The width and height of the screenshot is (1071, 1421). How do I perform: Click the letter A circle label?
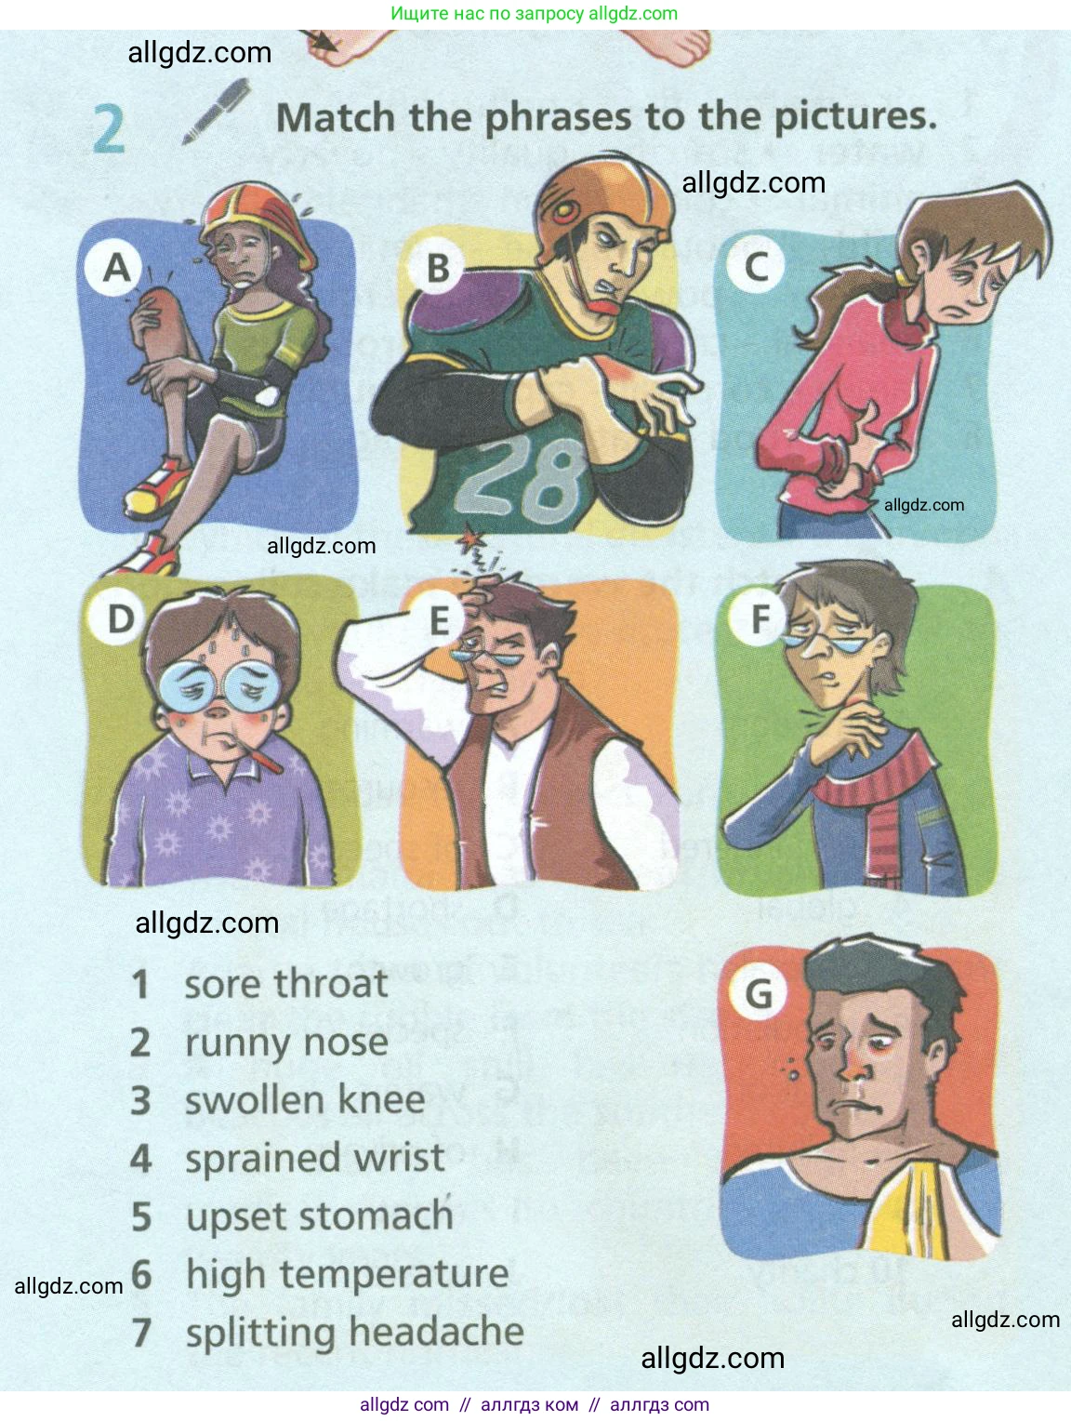coord(116,268)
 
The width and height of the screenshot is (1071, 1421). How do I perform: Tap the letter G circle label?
coord(758,992)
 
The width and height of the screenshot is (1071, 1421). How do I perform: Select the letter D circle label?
coord(120,618)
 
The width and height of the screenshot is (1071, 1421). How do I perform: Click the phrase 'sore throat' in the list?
coord(286,984)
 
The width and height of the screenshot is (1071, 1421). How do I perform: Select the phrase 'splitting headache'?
coord(354,1333)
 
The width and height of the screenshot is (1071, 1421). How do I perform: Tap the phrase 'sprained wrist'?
coord(315,1158)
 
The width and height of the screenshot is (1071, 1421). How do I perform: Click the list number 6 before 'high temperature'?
coord(141,1274)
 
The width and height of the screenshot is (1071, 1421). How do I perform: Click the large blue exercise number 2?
coord(109,130)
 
